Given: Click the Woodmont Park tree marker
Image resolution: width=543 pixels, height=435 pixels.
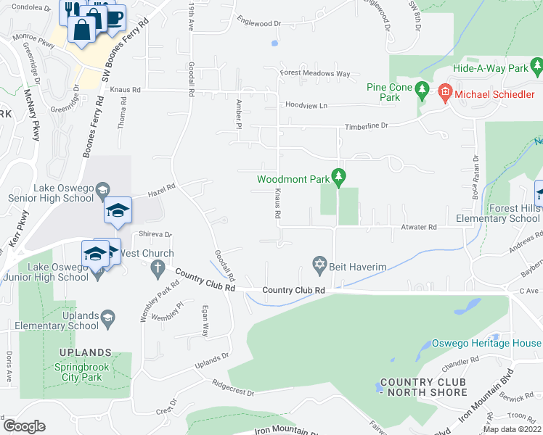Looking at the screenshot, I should [338, 175].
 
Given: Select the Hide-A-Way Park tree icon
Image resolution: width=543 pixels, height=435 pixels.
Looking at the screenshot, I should [537, 68].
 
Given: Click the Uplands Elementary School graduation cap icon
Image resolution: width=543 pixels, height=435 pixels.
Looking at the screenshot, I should [107, 317].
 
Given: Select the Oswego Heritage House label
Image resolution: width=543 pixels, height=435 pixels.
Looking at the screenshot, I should [487, 343].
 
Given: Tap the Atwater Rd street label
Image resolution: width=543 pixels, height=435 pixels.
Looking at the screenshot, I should [418, 227].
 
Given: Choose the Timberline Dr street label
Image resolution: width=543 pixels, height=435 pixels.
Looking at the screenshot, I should [366, 125].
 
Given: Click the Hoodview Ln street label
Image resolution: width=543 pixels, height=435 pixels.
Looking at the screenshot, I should [306, 105].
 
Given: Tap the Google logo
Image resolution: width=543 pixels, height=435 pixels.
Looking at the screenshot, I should [24, 426].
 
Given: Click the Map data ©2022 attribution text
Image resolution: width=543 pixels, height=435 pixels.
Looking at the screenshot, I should [511, 429].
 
